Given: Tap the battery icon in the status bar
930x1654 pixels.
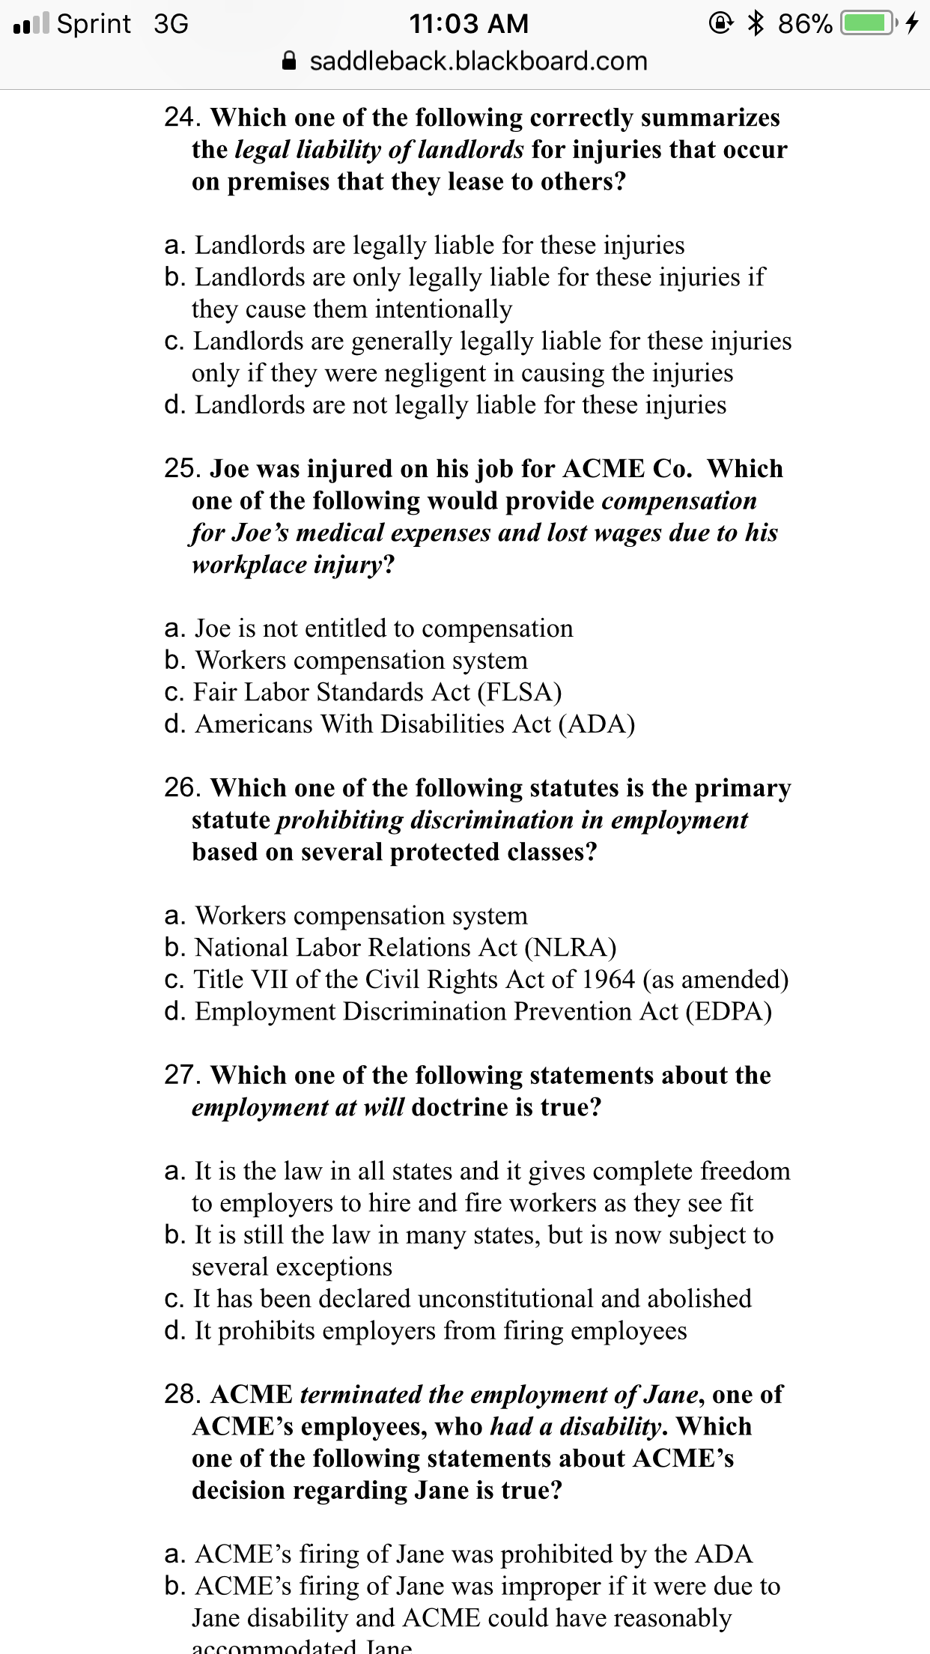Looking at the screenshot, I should [x=867, y=23].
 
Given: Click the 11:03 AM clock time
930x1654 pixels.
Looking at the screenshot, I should [x=469, y=24].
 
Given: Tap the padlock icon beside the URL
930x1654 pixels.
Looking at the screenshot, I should [x=290, y=61].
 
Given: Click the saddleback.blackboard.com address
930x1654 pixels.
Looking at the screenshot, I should [x=478, y=61].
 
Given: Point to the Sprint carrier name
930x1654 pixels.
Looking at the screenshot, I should [x=94, y=24].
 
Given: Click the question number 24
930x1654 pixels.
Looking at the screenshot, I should [x=180, y=117].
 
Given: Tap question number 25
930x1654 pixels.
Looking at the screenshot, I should [x=180, y=468].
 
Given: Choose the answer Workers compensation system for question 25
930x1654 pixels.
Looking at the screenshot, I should [x=361, y=660].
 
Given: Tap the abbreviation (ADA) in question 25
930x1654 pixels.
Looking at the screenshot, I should [x=596, y=724].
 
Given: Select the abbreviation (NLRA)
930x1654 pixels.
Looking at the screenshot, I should [x=570, y=948].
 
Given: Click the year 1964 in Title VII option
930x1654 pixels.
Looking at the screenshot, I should [x=608, y=980].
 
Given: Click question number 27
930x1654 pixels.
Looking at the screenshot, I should [x=180, y=1075].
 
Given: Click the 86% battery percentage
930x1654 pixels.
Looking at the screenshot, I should [x=804, y=24].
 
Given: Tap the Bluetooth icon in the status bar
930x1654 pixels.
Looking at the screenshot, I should [x=757, y=23].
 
